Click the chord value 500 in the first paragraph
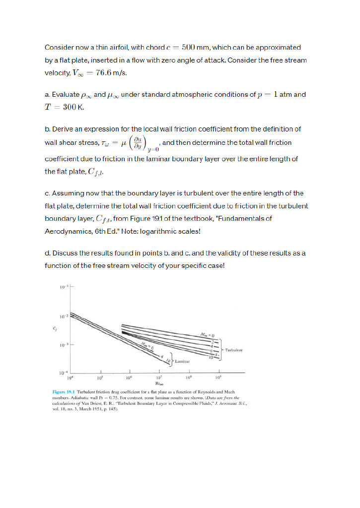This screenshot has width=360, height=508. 191,48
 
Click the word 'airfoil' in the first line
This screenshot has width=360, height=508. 117,48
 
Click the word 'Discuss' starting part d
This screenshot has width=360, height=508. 65,253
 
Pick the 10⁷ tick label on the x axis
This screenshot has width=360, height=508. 159,378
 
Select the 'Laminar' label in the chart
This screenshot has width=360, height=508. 181,363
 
